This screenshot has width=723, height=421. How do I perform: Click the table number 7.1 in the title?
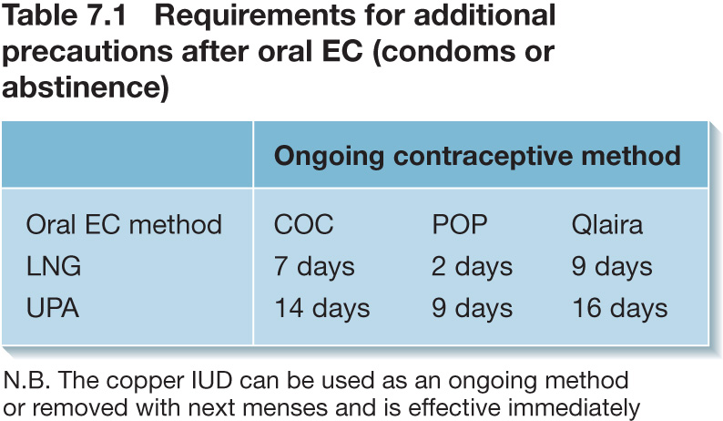[x=107, y=15]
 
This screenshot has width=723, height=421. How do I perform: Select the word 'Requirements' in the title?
[x=255, y=17]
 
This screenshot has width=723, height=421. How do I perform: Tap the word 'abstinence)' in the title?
[x=86, y=87]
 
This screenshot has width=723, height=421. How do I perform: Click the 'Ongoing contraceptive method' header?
[x=477, y=156]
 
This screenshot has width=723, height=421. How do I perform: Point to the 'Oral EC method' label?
[x=124, y=225]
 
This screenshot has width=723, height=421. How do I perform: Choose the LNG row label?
[x=54, y=266]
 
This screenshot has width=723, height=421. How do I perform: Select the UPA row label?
[x=53, y=308]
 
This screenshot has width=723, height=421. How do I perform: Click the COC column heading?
[x=303, y=225]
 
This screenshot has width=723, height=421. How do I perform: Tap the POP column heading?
[x=459, y=225]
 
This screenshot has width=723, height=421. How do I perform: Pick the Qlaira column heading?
[x=606, y=225]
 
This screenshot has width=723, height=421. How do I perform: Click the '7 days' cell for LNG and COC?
[x=314, y=267]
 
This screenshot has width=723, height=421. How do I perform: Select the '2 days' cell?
[x=473, y=267]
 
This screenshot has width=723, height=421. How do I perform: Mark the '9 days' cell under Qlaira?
[x=612, y=267]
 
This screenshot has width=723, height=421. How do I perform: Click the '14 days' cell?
[x=322, y=308]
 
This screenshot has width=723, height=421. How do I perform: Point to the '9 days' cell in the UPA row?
[x=473, y=308]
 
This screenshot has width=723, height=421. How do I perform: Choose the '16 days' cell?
[x=620, y=308]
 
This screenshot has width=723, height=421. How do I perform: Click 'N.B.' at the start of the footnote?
[x=26, y=381]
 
